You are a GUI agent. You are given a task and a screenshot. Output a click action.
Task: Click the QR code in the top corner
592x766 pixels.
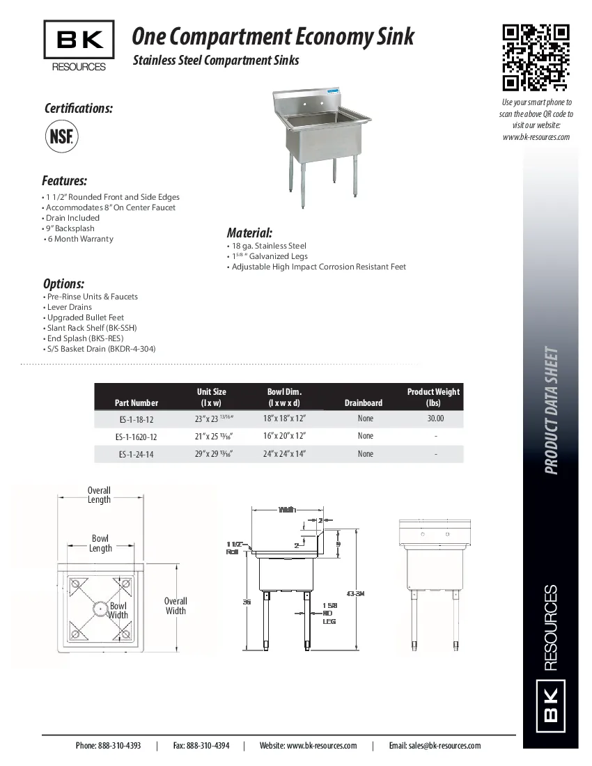pyautogui.click(x=536, y=58)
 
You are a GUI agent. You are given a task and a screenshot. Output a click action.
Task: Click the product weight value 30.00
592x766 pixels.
pyautogui.click(x=435, y=419)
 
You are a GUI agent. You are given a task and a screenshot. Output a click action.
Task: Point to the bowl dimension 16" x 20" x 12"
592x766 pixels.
pyautogui.click(x=284, y=436)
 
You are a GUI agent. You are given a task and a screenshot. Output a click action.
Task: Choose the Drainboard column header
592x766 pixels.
pyautogui.click(x=363, y=402)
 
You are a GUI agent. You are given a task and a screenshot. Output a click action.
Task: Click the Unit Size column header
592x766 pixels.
pyautogui.click(x=211, y=397)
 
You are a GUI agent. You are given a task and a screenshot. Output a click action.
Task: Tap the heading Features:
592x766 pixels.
pyautogui.click(x=65, y=181)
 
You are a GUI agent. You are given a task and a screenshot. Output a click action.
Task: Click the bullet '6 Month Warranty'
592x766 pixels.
pyautogui.click(x=79, y=239)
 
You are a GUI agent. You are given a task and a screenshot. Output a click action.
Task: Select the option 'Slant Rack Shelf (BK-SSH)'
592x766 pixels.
pyautogui.click(x=91, y=327)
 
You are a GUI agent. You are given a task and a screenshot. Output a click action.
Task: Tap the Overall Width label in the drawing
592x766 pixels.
pyautogui.click(x=176, y=606)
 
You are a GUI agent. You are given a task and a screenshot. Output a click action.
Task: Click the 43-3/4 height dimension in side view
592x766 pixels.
pyautogui.click(x=355, y=593)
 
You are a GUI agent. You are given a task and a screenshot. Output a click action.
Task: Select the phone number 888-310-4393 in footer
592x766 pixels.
pyautogui.click(x=108, y=745)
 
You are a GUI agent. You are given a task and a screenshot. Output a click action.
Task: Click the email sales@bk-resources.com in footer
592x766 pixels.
pyautogui.click(x=435, y=745)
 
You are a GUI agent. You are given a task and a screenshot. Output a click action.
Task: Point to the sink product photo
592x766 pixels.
pyautogui.click(x=319, y=146)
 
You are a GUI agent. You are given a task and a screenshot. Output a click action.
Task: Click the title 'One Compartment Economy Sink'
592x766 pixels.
pyautogui.click(x=273, y=36)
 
